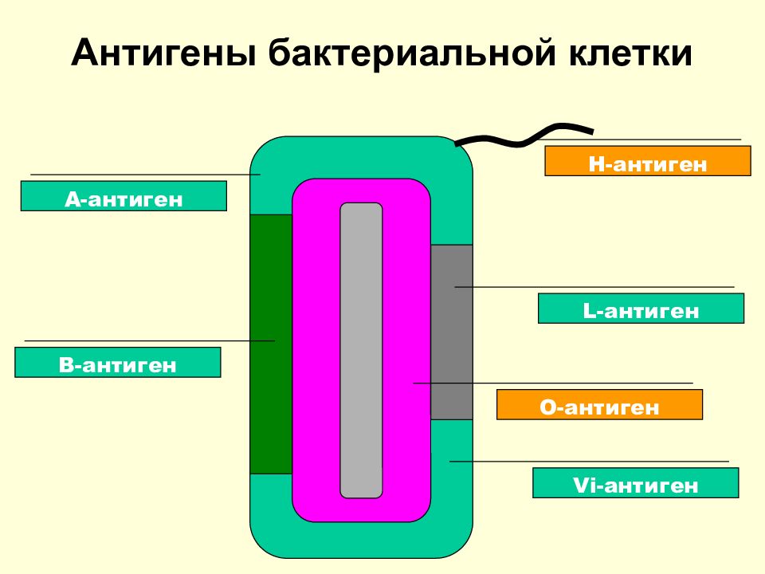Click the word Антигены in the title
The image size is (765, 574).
pyautogui.click(x=163, y=54)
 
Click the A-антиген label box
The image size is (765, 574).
pyautogui.click(x=124, y=196)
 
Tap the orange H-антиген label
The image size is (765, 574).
pyautogui.click(x=647, y=161)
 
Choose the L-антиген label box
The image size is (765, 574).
pyautogui.click(x=641, y=309)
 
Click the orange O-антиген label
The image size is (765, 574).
pyautogui.click(x=599, y=405)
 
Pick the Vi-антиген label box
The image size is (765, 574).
pyautogui.click(x=635, y=483)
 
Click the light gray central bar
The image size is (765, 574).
pyautogui.click(x=361, y=351)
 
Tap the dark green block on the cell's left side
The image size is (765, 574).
pyautogui.click(x=271, y=343)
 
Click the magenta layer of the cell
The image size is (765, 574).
pyautogui.click(x=315, y=351)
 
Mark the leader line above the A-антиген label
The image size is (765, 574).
pyautogui.click(x=143, y=174)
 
